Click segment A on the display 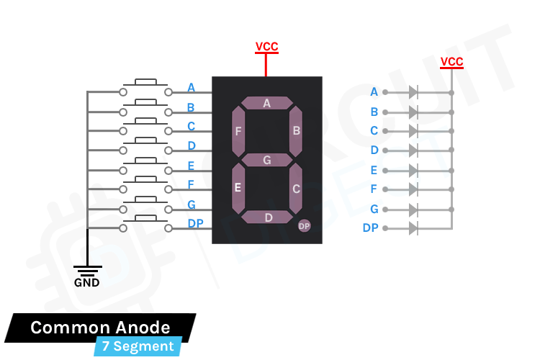[266, 103]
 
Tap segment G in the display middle [266, 160]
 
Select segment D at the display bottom [268, 217]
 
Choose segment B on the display [295, 131]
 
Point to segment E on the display [238, 188]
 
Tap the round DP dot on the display [304, 226]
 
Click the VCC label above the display [266, 48]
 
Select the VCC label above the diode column [451, 62]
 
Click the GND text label [87, 282]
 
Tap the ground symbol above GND [87, 269]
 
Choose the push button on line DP [146, 223]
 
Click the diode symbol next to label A [413, 92]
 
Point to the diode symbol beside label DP [413, 228]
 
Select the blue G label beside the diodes [374, 210]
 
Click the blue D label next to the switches [192, 145]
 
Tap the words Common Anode [100, 328]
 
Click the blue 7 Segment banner [138, 346]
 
